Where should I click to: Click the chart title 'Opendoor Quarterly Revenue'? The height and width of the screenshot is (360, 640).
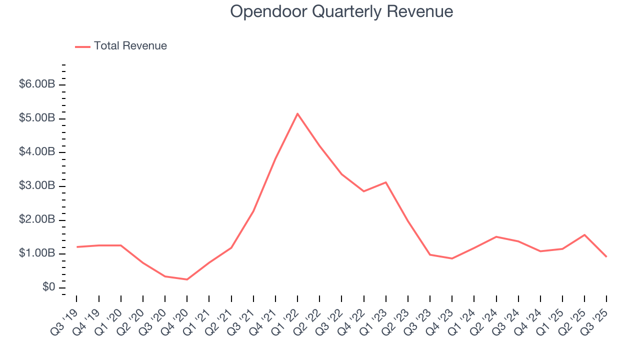tap(341, 12)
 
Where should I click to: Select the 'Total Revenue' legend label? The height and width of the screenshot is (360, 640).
tap(130, 46)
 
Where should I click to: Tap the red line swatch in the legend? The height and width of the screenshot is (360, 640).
tap(82, 46)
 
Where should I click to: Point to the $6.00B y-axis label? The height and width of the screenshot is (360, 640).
tap(37, 84)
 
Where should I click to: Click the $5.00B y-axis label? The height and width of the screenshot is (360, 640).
tap(37, 118)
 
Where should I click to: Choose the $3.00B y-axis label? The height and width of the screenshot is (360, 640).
tap(37, 186)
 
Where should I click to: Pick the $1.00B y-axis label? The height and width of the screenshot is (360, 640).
tap(37, 253)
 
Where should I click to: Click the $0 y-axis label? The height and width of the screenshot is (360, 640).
tap(48, 287)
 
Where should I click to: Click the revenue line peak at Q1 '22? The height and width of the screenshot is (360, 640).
tap(297, 113)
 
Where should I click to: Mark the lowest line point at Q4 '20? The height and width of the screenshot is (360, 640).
tap(187, 279)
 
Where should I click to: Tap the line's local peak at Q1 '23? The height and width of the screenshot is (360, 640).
tap(385, 182)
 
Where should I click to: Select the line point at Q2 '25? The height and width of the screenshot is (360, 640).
tap(584, 234)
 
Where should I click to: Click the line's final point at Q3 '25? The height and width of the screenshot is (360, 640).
tap(606, 256)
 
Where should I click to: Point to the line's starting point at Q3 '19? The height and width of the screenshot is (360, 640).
tap(76, 247)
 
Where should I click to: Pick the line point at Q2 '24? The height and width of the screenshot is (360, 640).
tap(496, 236)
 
